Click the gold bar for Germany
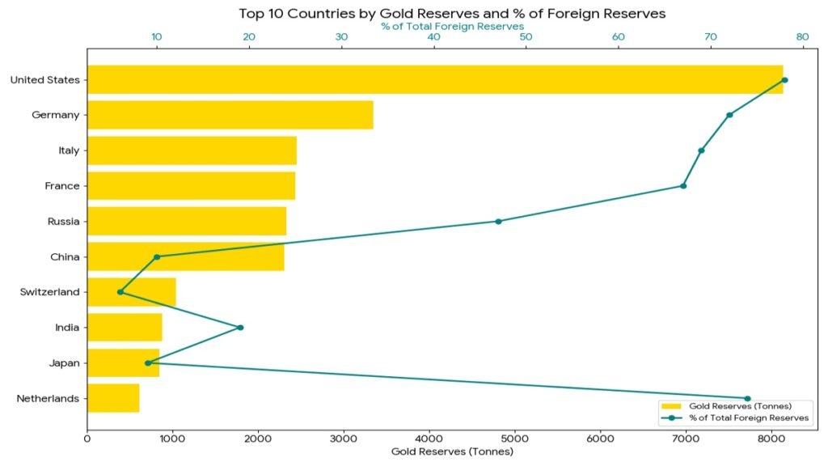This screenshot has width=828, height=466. (230, 115)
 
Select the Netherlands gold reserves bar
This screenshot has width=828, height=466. (113, 398)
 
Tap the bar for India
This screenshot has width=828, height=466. (125, 328)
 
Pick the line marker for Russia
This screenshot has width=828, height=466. (498, 222)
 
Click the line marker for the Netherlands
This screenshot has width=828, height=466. (747, 399)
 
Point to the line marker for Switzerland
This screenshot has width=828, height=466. (120, 292)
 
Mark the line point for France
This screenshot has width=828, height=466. (683, 186)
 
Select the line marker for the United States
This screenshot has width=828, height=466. (784, 80)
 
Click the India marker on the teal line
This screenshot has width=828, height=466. (240, 328)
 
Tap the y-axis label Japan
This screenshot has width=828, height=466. (64, 363)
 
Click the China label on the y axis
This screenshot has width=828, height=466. (65, 257)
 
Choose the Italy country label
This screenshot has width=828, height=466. (69, 150)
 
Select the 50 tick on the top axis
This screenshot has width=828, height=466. (526, 37)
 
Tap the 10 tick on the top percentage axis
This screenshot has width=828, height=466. (157, 37)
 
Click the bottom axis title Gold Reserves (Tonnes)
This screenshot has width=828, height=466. (452, 451)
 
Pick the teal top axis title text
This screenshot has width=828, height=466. (452, 27)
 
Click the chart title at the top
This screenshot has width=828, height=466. (452, 14)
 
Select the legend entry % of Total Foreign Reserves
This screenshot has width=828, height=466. (749, 417)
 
